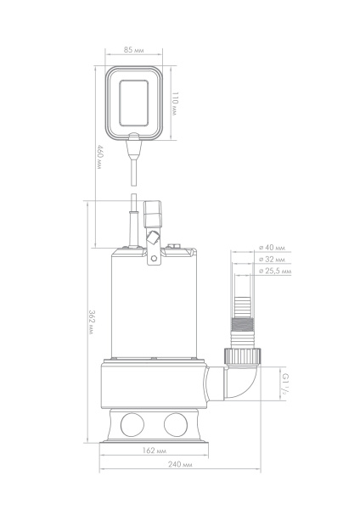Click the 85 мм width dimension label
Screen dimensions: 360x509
pos(133,50)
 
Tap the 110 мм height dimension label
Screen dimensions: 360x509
pos(175,103)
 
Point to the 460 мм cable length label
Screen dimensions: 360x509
pos(100,158)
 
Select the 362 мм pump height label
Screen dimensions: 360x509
pos(92,322)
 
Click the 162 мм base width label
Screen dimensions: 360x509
pos(155,450)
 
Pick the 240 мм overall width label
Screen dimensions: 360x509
pos(180,464)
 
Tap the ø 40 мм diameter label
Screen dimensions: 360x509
pos(272,248)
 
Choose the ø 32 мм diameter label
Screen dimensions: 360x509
pos(272,260)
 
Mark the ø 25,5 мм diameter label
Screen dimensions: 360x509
pos(275,271)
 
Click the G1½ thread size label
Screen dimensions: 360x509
pos(285,383)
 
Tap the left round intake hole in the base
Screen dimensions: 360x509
pos(132,425)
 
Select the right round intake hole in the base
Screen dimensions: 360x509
pos(176,425)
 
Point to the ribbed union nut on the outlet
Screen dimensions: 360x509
pos(242,355)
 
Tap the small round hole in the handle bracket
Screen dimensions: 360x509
pos(154,259)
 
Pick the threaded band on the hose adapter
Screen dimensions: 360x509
pos(242,325)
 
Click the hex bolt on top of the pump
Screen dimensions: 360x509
pos(174,246)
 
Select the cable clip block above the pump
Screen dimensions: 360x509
pos(152,215)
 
